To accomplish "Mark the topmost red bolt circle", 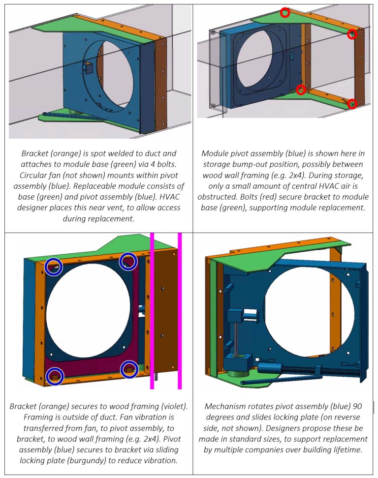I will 284,13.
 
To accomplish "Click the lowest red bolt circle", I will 351,104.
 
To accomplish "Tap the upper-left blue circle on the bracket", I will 54,267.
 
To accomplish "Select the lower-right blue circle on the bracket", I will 129,370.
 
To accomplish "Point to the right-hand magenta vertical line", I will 180,310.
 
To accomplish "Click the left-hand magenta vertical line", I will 152,310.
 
